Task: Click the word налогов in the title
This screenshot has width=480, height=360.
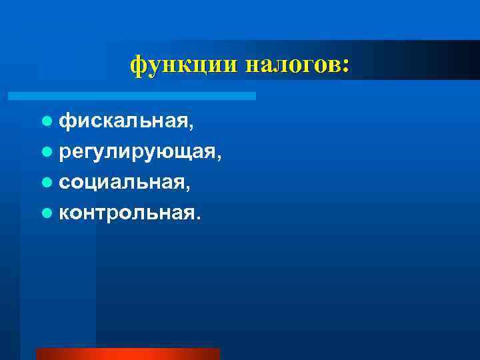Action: click(x=292, y=65)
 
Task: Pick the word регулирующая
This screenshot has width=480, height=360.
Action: click(x=135, y=152)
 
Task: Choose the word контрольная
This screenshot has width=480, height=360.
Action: click(x=125, y=213)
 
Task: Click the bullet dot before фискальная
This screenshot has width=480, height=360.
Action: click(x=45, y=122)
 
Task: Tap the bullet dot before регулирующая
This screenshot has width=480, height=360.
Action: click(x=45, y=152)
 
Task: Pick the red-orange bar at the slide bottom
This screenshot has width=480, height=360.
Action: click(x=128, y=353)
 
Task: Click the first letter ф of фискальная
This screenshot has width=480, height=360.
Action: click(x=67, y=122)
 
